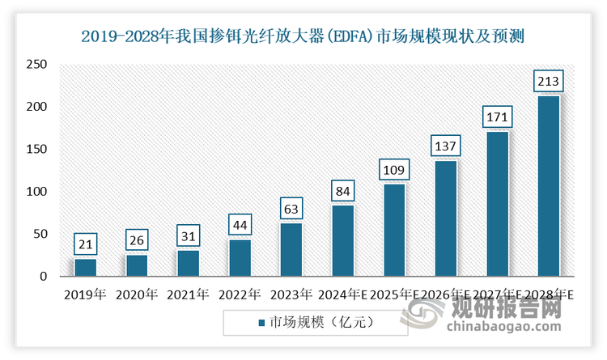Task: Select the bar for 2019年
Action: point(85,267)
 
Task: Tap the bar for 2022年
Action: point(240,257)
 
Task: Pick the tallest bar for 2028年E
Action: point(549,186)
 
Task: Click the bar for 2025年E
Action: point(394,230)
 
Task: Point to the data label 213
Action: point(549,81)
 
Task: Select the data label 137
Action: point(445,146)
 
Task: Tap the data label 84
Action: point(342,191)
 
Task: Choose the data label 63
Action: point(291,209)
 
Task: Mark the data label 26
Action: point(137,240)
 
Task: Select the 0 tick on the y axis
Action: point(43,277)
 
